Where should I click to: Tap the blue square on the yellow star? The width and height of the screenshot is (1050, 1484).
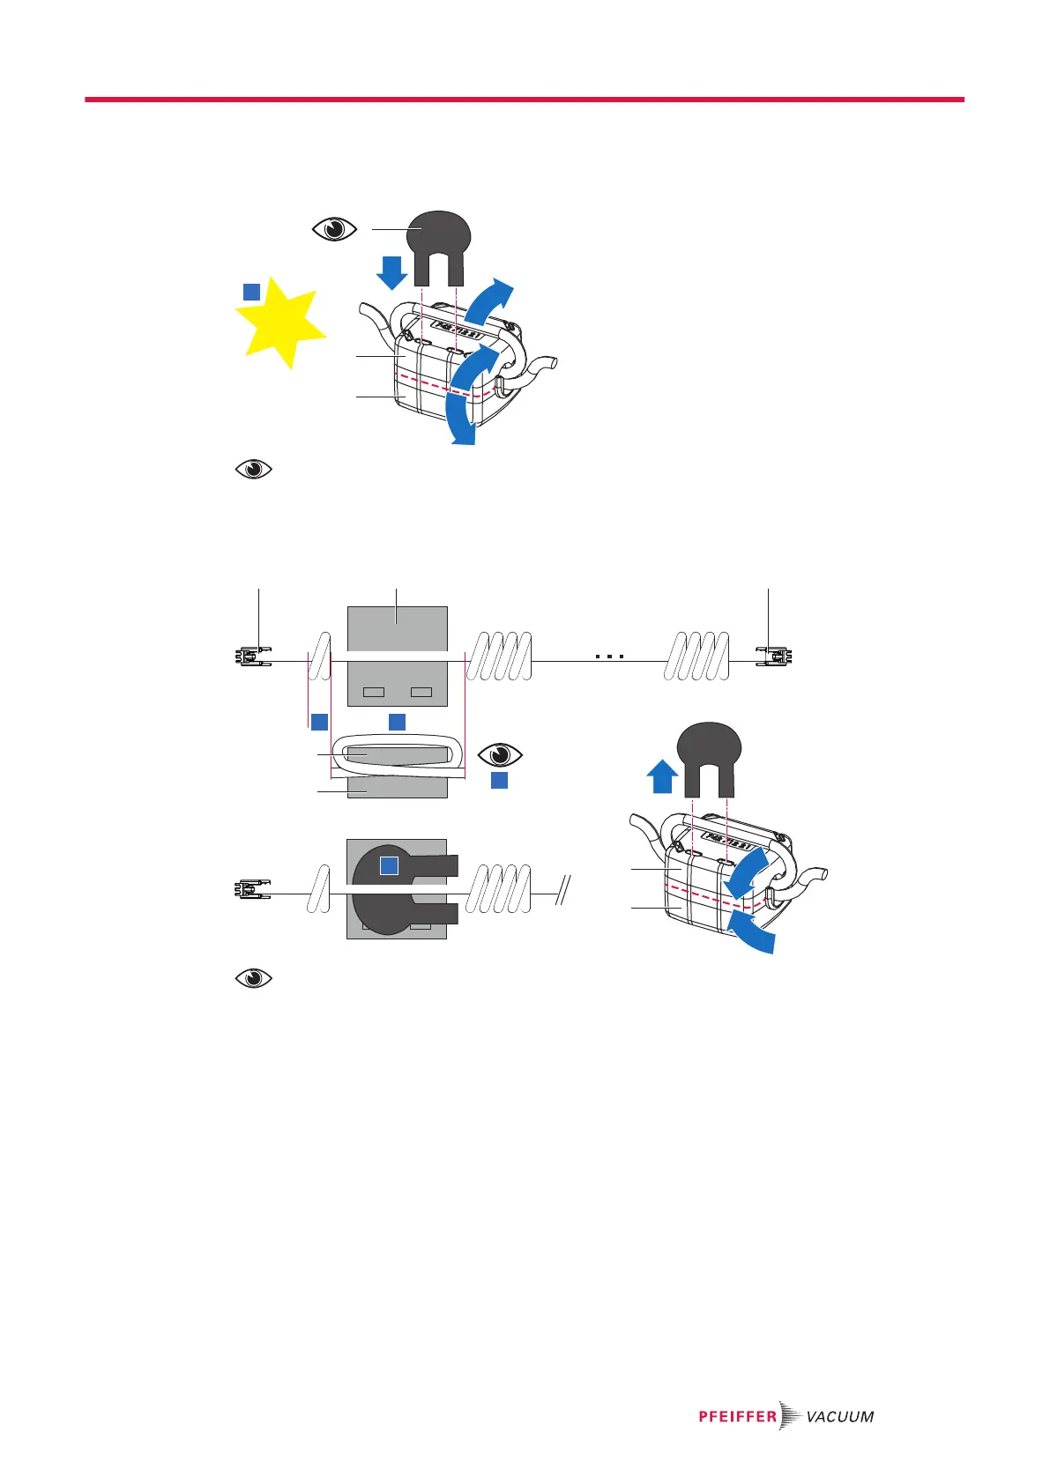251,292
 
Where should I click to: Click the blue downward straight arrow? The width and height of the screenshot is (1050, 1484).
391,269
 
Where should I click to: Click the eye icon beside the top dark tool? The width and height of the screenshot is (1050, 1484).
335,229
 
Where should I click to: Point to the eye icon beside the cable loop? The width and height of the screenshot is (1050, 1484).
500,755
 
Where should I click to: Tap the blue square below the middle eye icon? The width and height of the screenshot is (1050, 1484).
499,780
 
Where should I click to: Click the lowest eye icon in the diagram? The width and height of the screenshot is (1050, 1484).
254,978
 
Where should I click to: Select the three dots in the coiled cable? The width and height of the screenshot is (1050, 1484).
609,657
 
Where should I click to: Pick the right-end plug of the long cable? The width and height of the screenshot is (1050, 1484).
775,657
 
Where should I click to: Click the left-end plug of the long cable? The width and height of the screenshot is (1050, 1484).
253,657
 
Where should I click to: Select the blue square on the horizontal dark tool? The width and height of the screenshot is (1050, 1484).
390,865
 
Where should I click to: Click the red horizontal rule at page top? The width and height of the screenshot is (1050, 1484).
525,100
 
